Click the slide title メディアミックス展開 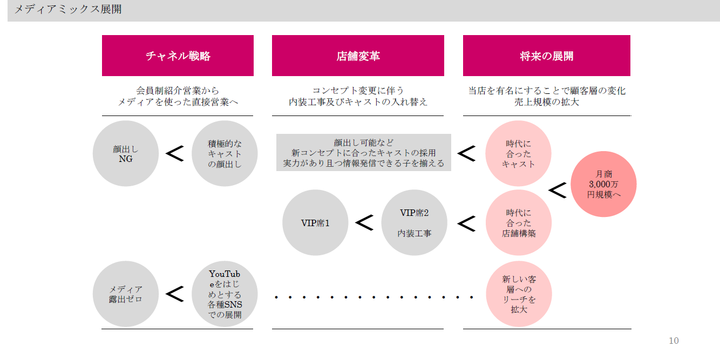tap(67, 9)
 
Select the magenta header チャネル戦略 tap(178, 56)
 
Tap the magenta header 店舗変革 tap(358, 56)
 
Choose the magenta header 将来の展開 tap(546, 56)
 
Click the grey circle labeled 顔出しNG tap(126, 153)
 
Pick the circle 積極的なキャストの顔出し tap(225, 153)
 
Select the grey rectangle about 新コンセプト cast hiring tap(363, 153)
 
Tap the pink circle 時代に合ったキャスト tap(518, 153)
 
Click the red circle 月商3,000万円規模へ tap(603, 184)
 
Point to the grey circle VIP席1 tap(315, 222)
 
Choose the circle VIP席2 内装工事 tap(414, 222)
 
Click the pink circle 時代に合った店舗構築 tap(518, 222)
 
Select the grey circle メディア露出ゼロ tap(126, 294)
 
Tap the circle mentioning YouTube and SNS tap(225, 294)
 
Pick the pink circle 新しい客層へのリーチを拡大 tap(518, 294)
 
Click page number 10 tap(674, 341)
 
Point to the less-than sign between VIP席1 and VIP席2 tap(364, 222)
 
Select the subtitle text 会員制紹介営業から tap(178, 91)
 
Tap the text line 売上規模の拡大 tap(546, 102)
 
